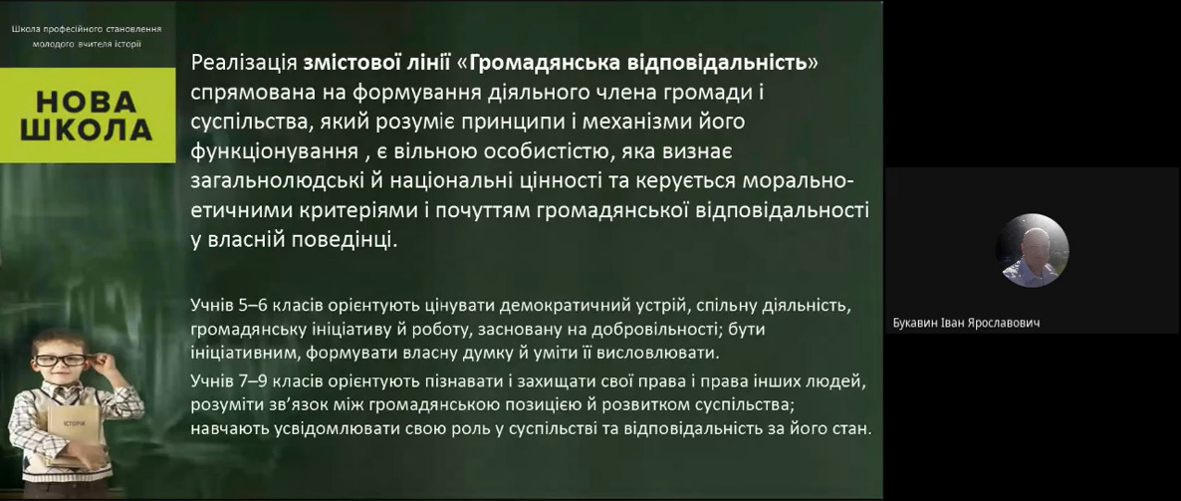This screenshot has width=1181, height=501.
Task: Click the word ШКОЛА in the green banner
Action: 87,128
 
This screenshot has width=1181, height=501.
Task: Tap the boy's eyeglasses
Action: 62,360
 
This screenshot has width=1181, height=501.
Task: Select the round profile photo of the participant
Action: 1032,250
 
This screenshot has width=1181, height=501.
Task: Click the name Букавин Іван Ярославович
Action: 966,323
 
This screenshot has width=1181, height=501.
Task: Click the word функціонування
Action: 274,152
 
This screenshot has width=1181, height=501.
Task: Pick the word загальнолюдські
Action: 277,181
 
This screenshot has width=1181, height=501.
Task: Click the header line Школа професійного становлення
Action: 87,29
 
